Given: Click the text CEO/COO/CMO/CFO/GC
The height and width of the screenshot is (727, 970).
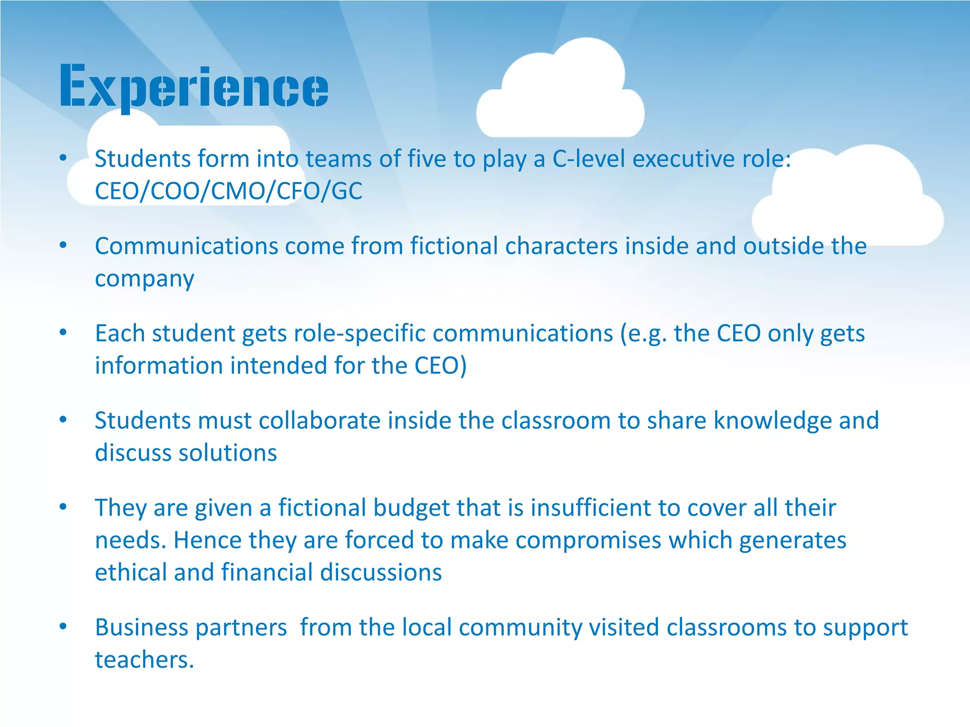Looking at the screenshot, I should click(228, 191).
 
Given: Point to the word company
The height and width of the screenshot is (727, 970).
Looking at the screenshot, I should click(144, 279).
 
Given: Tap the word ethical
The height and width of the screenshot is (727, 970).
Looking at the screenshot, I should click(130, 572).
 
